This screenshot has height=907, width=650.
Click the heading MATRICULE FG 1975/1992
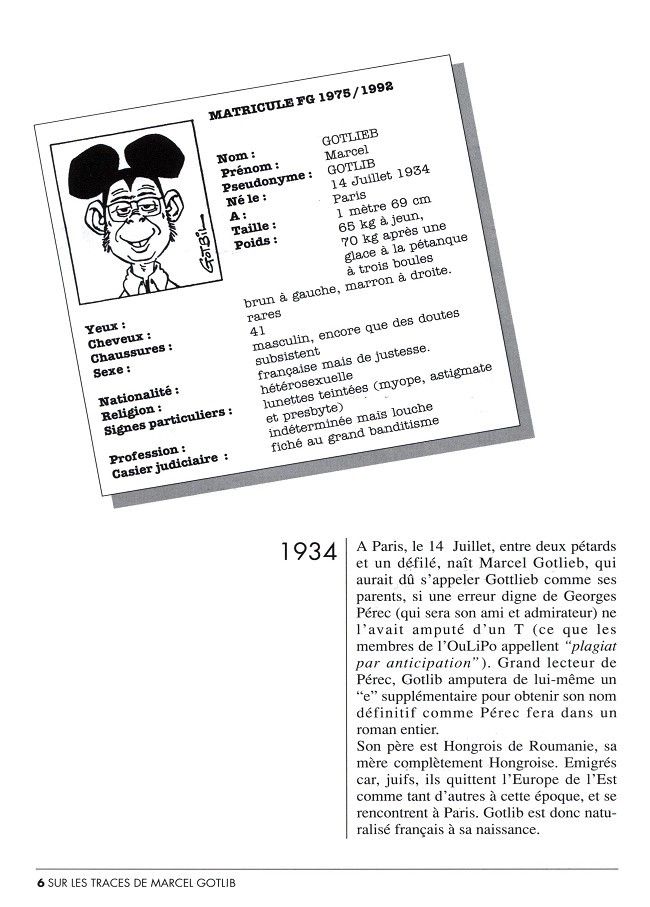(x=300, y=100)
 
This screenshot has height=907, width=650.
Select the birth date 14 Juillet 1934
(x=371, y=179)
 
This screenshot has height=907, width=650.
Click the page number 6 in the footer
(x=41, y=883)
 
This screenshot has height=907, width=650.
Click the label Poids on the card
(x=252, y=243)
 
